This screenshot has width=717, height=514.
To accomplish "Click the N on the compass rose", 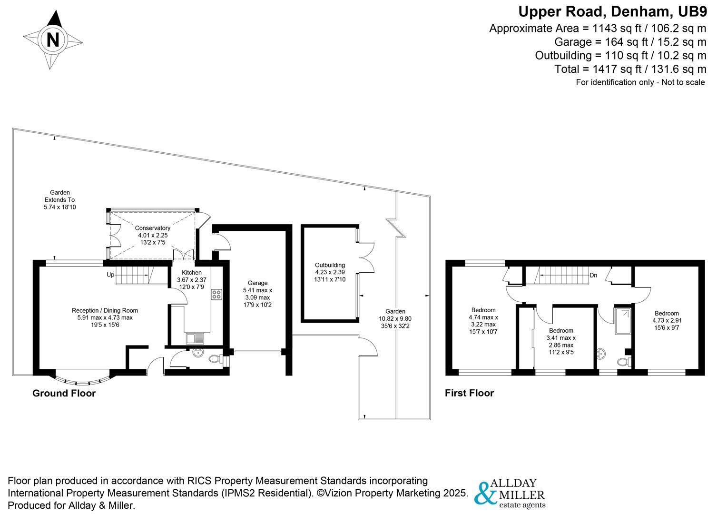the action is click(53, 40).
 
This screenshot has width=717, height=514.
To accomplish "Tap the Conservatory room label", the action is click(152, 228).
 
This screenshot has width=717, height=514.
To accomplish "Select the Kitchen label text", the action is click(192, 273).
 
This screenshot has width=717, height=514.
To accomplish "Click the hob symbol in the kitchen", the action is click(216, 294).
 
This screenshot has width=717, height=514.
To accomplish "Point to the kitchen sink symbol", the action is click(195, 338).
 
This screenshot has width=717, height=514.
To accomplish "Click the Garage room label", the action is click(258, 283).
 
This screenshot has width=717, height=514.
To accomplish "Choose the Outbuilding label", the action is click(330, 265).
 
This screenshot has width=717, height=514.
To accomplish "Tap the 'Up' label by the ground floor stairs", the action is click(110, 275).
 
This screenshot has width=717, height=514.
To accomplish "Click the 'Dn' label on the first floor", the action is click(593, 275).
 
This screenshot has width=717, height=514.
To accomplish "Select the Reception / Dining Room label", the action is click(105, 310).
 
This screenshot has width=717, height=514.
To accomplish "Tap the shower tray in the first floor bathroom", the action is click(623, 321).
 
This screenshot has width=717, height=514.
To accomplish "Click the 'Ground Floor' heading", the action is click(64, 393).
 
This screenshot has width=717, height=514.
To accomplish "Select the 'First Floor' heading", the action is click(469, 393).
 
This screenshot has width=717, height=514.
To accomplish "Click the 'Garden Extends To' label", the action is click(60, 196).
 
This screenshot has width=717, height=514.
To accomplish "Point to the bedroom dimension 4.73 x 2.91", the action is click(667, 320).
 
